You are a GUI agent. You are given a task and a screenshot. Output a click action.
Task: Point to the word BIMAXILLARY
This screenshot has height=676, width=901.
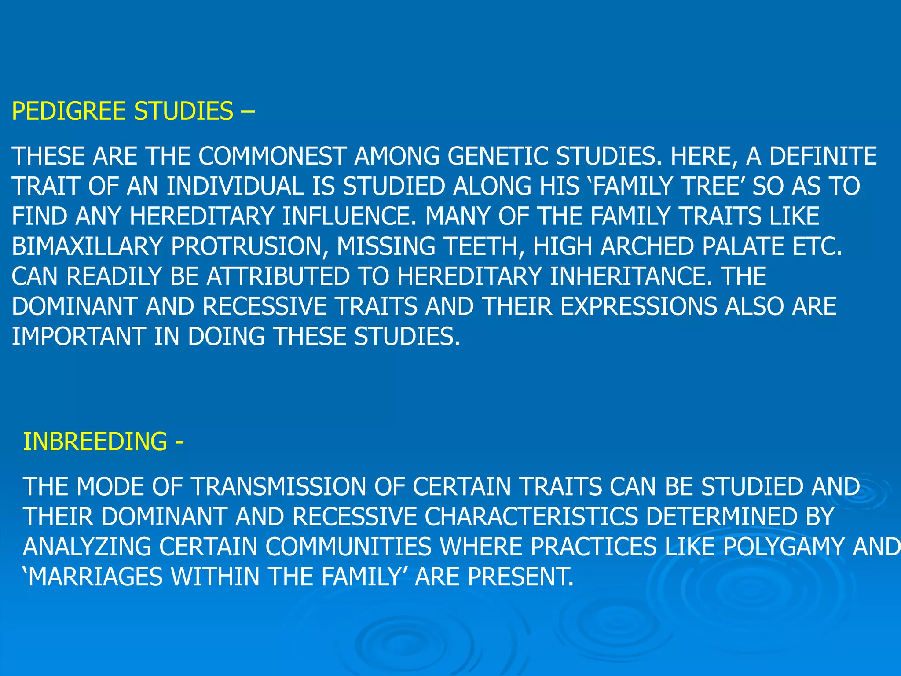pyautogui.click(x=87, y=246)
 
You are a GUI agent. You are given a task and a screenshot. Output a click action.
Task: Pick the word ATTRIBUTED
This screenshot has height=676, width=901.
pyautogui.click(x=278, y=276)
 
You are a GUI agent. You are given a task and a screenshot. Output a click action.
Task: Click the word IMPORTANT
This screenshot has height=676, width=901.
pyautogui.click(x=79, y=337)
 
